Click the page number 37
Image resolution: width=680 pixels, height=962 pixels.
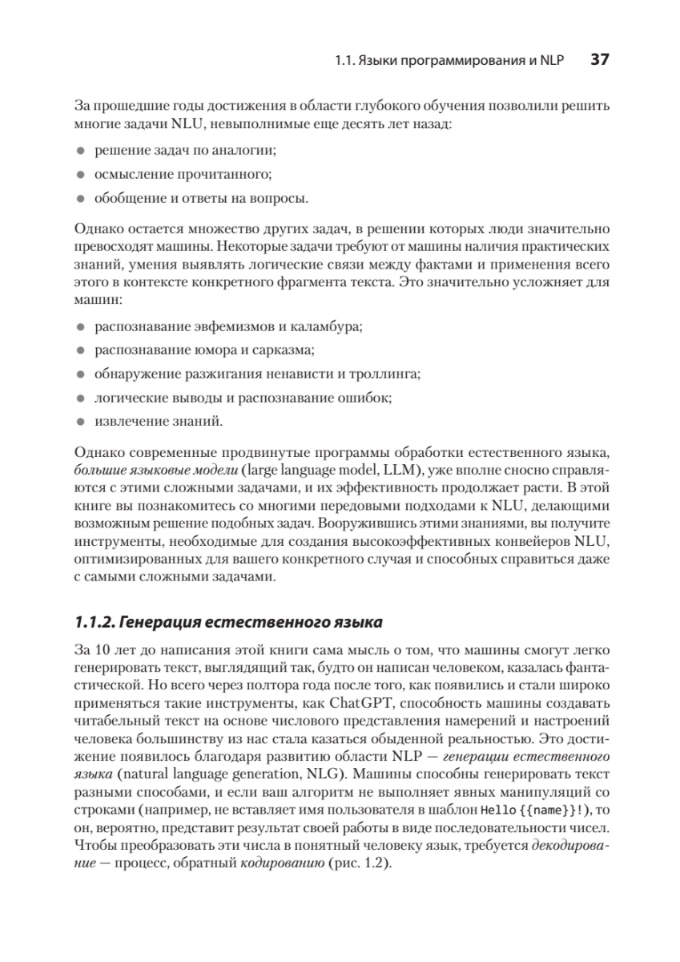tap(601, 59)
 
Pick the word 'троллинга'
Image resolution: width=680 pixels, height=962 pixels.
tap(393, 374)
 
